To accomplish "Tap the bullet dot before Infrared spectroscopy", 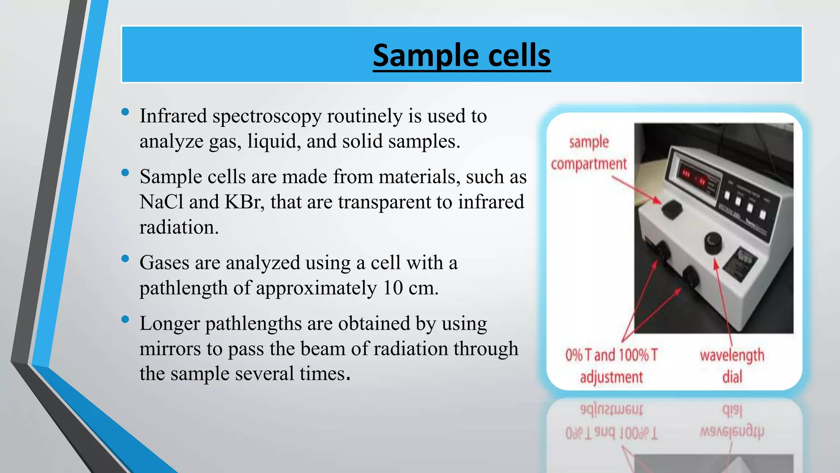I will coord(126,112).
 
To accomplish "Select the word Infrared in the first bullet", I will coord(173,116).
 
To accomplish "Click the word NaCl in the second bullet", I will coord(161,202).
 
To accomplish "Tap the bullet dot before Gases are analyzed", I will coord(126,259).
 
